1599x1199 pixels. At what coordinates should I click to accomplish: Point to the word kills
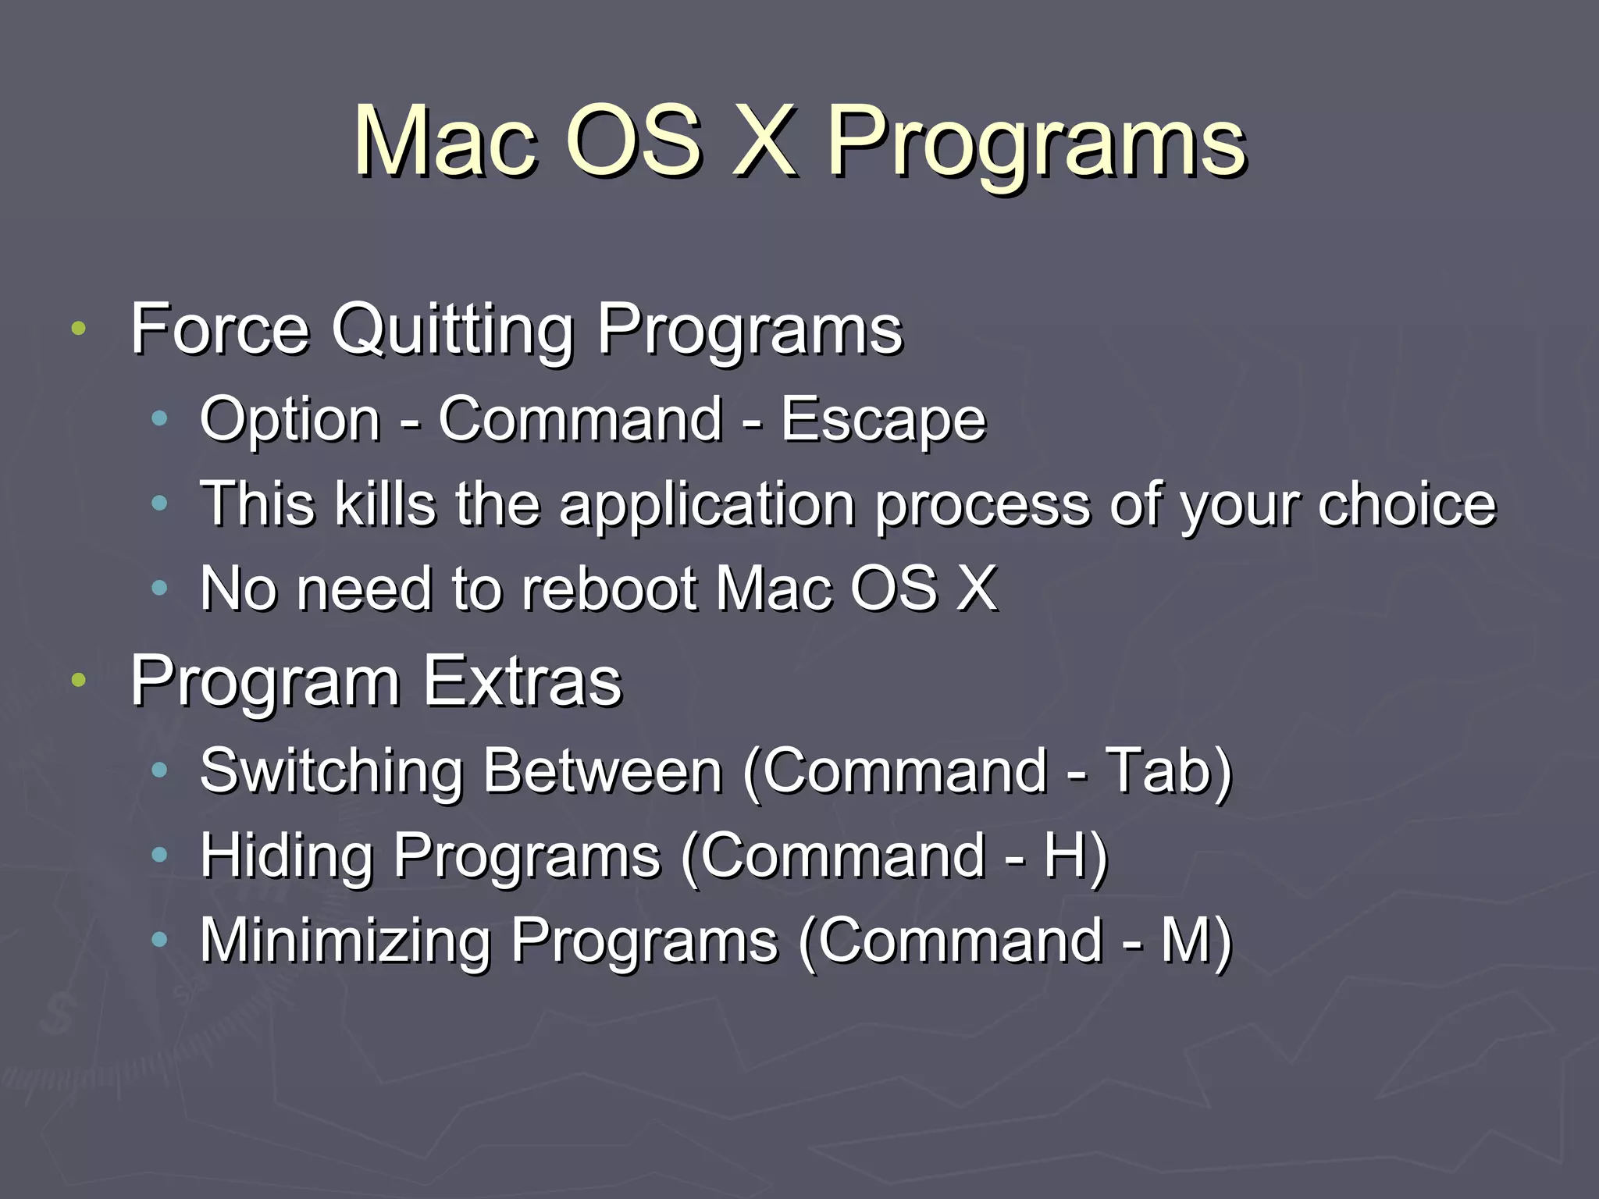pyautogui.click(x=385, y=504)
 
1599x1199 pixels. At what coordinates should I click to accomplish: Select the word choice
pyautogui.click(x=1407, y=504)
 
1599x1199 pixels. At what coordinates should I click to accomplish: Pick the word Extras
pyautogui.click(x=522, y=681)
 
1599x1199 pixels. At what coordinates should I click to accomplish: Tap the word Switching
pyautogui.click(x=332, y=771)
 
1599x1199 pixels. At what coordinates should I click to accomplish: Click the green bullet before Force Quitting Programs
pyautogui.click(x=77, y=329)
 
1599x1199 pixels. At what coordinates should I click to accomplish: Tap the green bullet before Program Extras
pyautogui.click(x=77, y=681)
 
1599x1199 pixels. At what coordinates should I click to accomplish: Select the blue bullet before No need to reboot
pyautogui.click(x=159, y=589)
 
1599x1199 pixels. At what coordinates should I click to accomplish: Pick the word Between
pyautogui.click(x=602, y=771)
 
